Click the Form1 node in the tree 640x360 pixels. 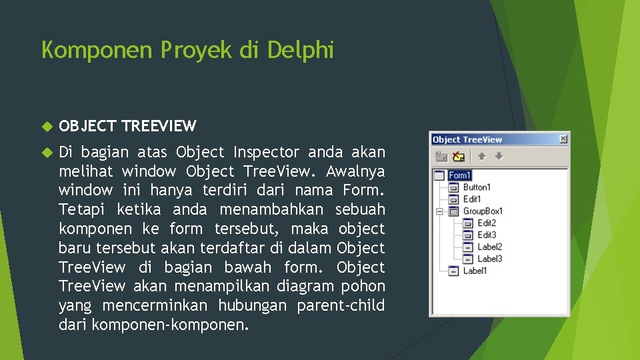tap(459, 175)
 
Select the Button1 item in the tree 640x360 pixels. tap(476, 187)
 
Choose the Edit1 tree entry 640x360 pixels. tap(472, 199)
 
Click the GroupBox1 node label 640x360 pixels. tap(483, 211)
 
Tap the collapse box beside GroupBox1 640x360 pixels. tap(439, 211)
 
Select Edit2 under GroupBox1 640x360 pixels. tap(487, 223)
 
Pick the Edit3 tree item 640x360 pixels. tap(487, 235)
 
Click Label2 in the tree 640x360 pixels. tap(489, 247)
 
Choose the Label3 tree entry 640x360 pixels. tap(489, 259)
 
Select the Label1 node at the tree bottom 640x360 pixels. tap(475, 271)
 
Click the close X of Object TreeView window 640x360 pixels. tap(563, 139)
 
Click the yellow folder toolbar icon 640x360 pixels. tap(459, 157)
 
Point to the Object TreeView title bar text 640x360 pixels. tap(467, 139)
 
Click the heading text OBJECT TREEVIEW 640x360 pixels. tap(127, 126)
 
